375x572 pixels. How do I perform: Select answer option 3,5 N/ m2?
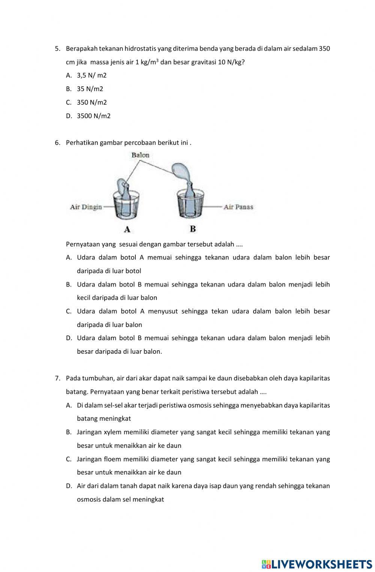tap(91, 75)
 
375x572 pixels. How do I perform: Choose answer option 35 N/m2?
tap(90, 89)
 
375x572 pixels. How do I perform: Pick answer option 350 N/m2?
tap(91, 102)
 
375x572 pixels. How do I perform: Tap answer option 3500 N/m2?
tap(93, 116)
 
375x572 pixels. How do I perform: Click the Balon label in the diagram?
tap(140, 155)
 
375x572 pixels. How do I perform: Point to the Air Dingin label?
tap(86, 207)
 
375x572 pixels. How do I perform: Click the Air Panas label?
tap(238, 207)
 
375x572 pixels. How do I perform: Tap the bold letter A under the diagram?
tap(127, 229)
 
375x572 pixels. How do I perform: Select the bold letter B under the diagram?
tap(193, 229)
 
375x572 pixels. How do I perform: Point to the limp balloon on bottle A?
tap(121, 185)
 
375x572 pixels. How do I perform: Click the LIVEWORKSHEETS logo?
tap(317, 564)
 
